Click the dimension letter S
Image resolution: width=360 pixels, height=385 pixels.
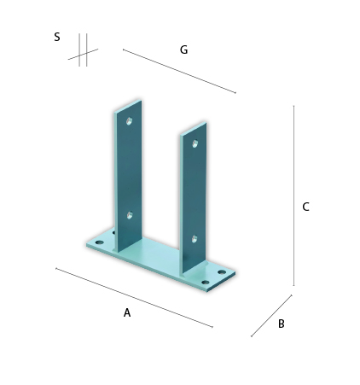pyautogui.click(x=57, y=37)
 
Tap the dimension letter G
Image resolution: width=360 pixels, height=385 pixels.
pyautogui.click(x=183, y=50)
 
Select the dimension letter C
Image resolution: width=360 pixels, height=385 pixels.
pyautogui.click(x=305, y=207)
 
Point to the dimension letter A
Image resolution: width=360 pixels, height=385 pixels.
pyautogui.click(x=127, y=312)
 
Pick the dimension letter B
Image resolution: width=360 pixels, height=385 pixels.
pyautogui.click(x=281, y=324)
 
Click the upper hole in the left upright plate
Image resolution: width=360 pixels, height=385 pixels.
pyautogui.click(x=129, y=121)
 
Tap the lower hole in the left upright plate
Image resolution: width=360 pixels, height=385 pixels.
pyautogui.click(x=130, y=215)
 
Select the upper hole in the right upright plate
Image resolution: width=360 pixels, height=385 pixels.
pyautogui.click(x=195, y=143)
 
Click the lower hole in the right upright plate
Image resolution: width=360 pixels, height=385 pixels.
pyautogui.click(x=195, y=239)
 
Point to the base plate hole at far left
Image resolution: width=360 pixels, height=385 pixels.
pyautogui.click(x=100, y=242)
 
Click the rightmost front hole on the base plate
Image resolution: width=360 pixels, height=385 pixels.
pyautogui.click(x=206, y=283)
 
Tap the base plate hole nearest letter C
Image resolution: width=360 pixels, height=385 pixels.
pyautogui.click(x=222, y=272)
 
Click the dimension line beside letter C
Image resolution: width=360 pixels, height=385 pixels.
pyautogui.click(x=293, y=195)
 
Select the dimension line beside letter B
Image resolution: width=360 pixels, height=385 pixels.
pyautogui.click(x=271, y=316)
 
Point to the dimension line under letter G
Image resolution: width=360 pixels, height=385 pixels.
pyautogui.click(x=179, y=71)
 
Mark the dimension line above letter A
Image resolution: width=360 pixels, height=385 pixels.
pyautogui.click(x=134, y=298)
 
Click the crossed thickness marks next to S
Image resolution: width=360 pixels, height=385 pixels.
pyautogui.click(x=83, y=54)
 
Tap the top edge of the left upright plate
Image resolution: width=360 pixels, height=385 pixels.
pyautogui.click(x=128, y=105)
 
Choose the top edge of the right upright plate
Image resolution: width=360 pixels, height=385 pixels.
pyautogui.click(x=194, y=128)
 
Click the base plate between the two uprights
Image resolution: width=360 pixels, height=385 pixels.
pyautogui.click(x=160, y=254)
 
